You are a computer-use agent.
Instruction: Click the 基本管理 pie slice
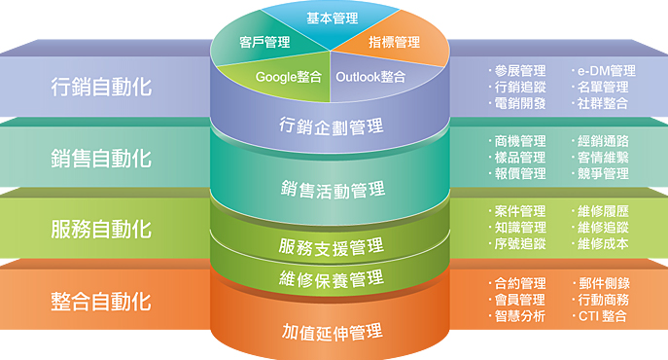(331, 18)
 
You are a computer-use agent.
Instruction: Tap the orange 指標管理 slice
(394, 42)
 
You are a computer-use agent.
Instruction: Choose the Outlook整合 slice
(370, 76)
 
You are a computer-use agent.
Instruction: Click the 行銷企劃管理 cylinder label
(331, 126)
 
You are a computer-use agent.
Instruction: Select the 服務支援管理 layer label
(331, 245)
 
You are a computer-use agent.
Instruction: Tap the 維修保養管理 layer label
(331, 279)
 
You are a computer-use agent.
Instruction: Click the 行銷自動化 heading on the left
(101, 86)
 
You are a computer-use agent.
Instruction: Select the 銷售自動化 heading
(101, 157)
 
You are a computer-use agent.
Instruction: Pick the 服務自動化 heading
(101, 229)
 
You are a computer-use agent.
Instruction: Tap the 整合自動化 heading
(101, 301)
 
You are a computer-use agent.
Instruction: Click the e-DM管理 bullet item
(605, 71)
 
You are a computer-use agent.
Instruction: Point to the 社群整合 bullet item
(602, 102)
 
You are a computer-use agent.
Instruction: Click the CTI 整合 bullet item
(602, 316)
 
